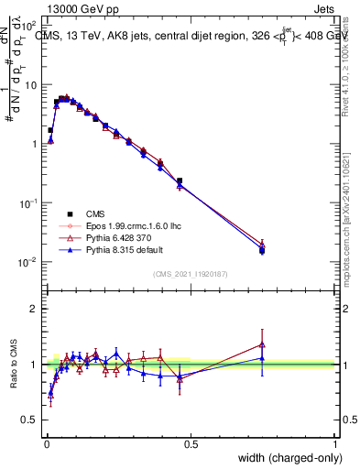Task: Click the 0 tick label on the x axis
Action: click(46, 443)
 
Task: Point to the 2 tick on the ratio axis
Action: click(35, 309)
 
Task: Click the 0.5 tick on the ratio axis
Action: click(30, 420)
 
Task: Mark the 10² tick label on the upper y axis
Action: click(28, 24)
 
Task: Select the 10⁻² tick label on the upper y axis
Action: click(28, 262)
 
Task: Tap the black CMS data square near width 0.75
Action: click(262, 250)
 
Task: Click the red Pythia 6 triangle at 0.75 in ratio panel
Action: click(262, 344)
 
